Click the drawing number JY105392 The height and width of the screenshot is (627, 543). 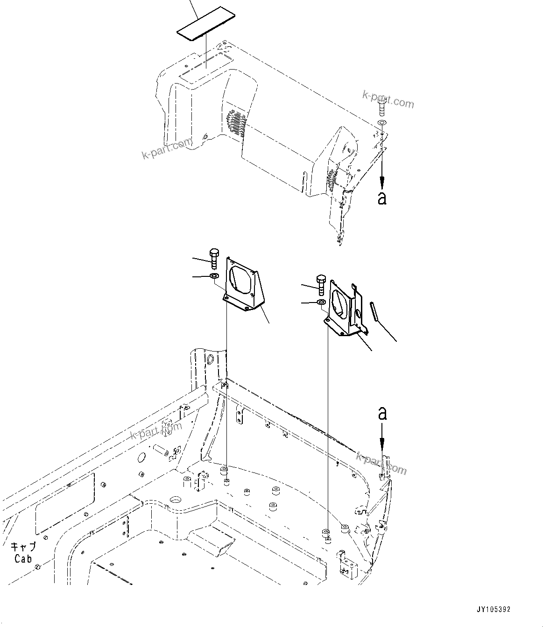[x=494, y=610]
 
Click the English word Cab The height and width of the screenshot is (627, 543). [x=23, y=558]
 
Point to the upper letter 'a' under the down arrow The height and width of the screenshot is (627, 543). [x=382, y=198]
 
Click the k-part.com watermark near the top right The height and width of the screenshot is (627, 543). [x=388, y=99]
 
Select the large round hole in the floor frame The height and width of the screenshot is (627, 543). [x=176, y=499]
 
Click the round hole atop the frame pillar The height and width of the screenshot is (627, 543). [x=210, y=359]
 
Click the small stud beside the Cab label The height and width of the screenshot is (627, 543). [x=38, y=567]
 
